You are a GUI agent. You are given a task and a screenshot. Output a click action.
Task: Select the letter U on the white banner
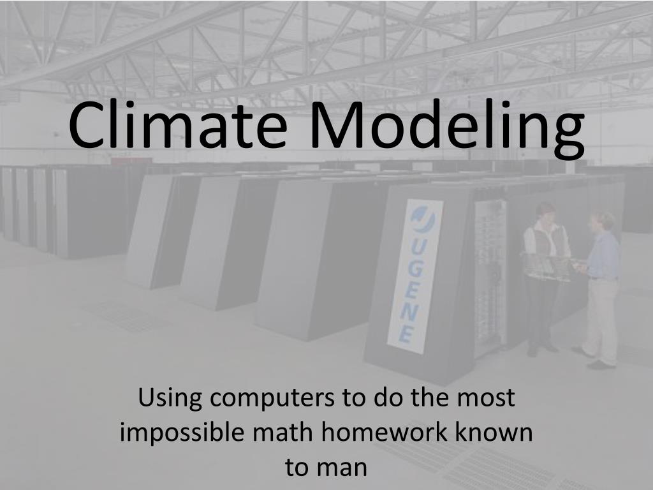coord(420,249)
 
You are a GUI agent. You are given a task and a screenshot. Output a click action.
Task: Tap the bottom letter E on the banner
coord(406,334)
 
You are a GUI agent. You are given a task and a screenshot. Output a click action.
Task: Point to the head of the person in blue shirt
coord(602,223)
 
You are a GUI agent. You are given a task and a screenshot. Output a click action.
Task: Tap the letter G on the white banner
coord(416,271)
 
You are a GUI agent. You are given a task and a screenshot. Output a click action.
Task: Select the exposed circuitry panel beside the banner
coord(489,274)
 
